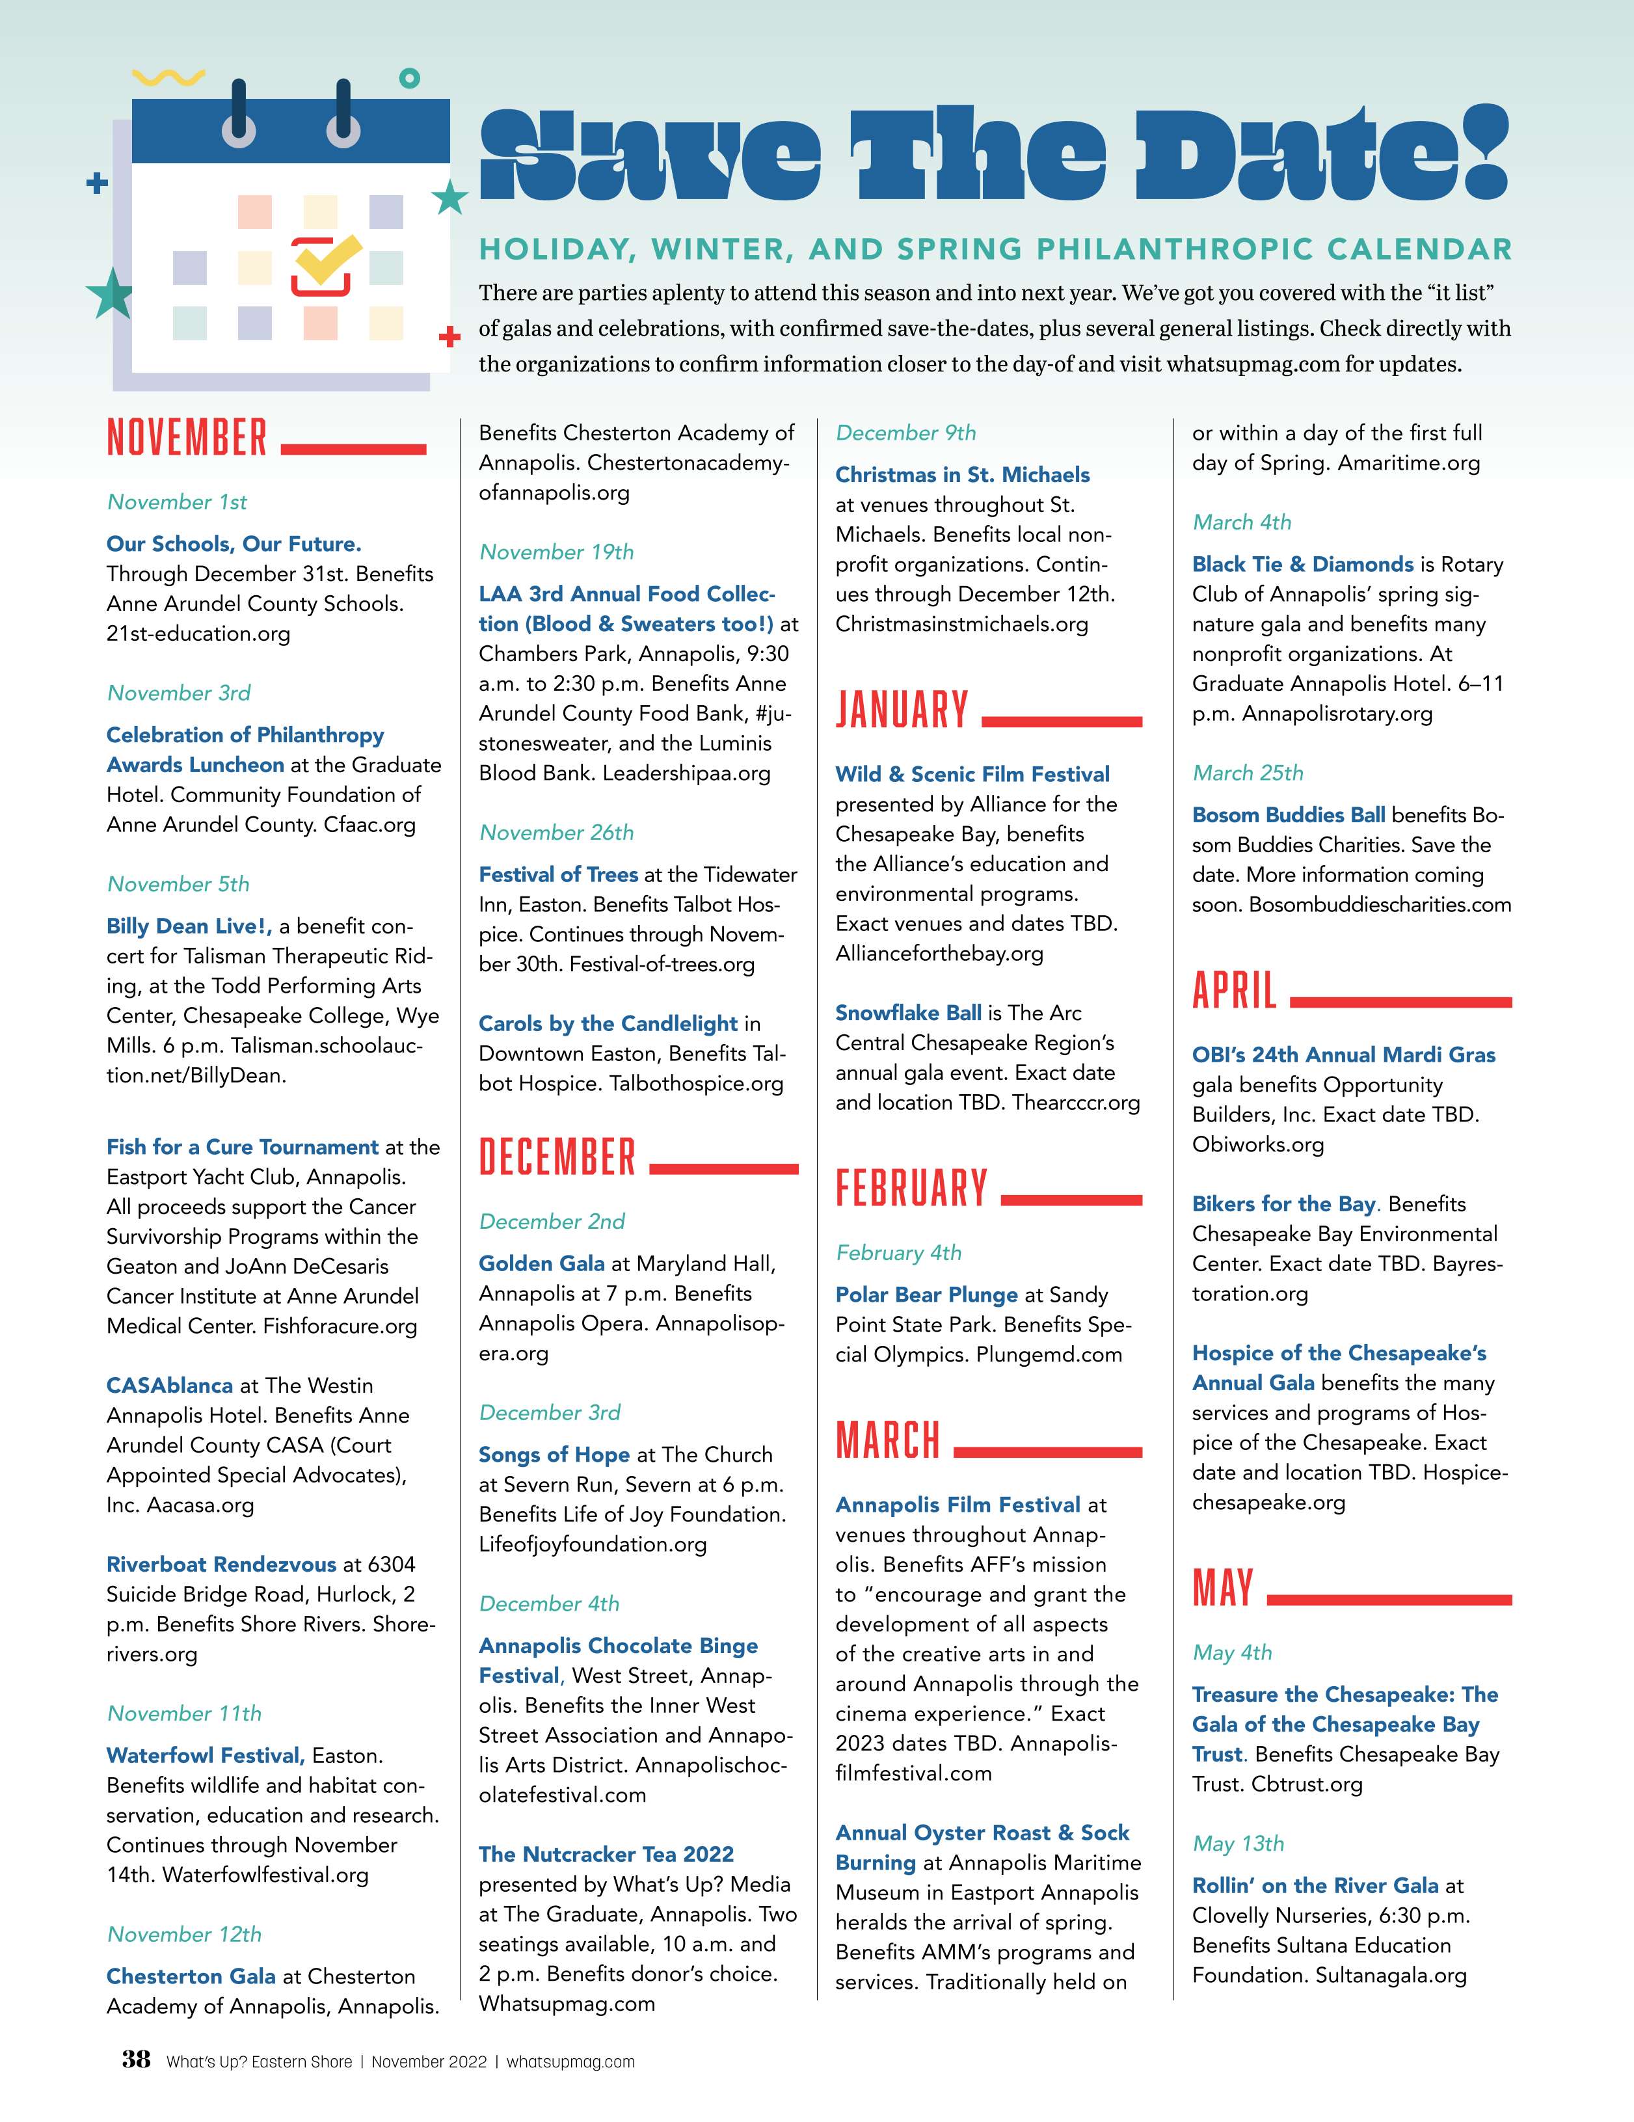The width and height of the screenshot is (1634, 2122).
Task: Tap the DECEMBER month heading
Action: click(x=557, y=1157)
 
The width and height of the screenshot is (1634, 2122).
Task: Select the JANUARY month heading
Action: click(x=902, y=710)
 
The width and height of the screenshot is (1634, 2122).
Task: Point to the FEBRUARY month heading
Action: click(x=911, y=1189)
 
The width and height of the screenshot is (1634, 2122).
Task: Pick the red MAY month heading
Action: click(x=1222, y=1588)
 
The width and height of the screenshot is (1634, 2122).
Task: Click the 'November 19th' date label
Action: click(x=557, y=552)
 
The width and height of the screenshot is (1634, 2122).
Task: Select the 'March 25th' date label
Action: click(x=1248, y=772)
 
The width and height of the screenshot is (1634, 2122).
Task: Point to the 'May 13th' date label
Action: click(x=1238, y=1843)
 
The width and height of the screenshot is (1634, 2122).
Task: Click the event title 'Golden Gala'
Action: click(x=541, y=1263)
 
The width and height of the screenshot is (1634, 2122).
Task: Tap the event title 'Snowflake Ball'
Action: click(x=907, y=1012)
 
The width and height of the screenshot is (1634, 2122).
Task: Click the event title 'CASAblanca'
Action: click(x=169, y=1386)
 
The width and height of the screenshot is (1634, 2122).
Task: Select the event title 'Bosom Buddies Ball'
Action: click(x=1288, y=814)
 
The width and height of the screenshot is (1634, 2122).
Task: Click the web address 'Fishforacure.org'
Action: click(x=340, y=1326)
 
